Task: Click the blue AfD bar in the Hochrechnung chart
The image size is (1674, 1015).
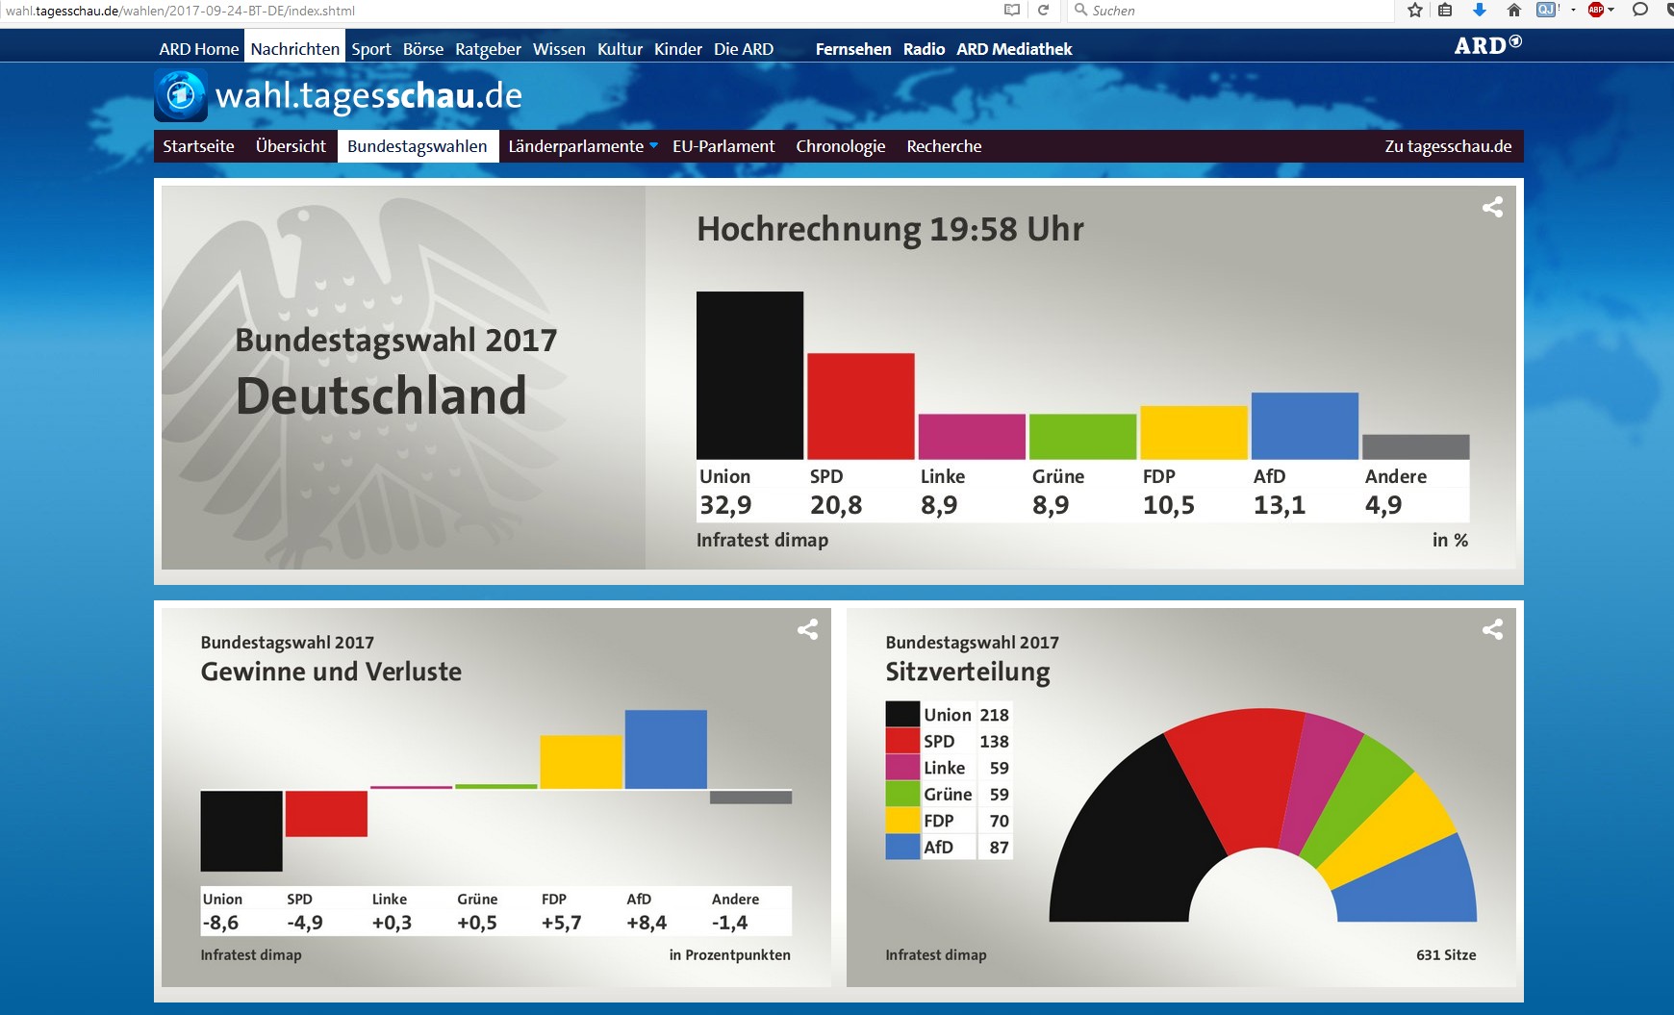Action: click(x=1305, y=425)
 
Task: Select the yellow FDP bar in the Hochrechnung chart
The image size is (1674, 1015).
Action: click(x=1194, y=432)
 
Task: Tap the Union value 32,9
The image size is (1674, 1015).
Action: click(x=725, y=505)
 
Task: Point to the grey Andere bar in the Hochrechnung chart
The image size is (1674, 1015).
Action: click(x=1416, y=446)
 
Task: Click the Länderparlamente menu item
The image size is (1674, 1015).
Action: click(x=576, y=146)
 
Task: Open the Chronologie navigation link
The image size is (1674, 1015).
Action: click(x=841, y=146)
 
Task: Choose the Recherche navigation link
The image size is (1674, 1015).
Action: click(x=944, y=146)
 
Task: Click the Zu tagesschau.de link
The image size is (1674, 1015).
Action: click(x=1448, y=146)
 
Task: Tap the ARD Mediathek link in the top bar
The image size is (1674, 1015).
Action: click(x=1014, y=49)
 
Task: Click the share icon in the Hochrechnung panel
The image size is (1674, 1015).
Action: click(x=1492, y=207)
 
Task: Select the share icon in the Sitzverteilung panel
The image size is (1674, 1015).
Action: click(x=1492, y=629)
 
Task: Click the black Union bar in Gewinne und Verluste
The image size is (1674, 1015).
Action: click(x=241, y=830)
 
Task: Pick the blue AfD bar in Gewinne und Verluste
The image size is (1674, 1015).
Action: click(x=666, y=749)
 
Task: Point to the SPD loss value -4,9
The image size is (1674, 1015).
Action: click(x=305, y=923)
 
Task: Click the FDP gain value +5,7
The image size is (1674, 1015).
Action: click(x=561, y=923)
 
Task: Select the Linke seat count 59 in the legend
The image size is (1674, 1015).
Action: click(x=1000, y=768)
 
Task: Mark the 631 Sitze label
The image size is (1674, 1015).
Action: click(x=1446, y=954)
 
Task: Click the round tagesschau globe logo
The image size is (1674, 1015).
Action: click(x=181, y=95)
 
